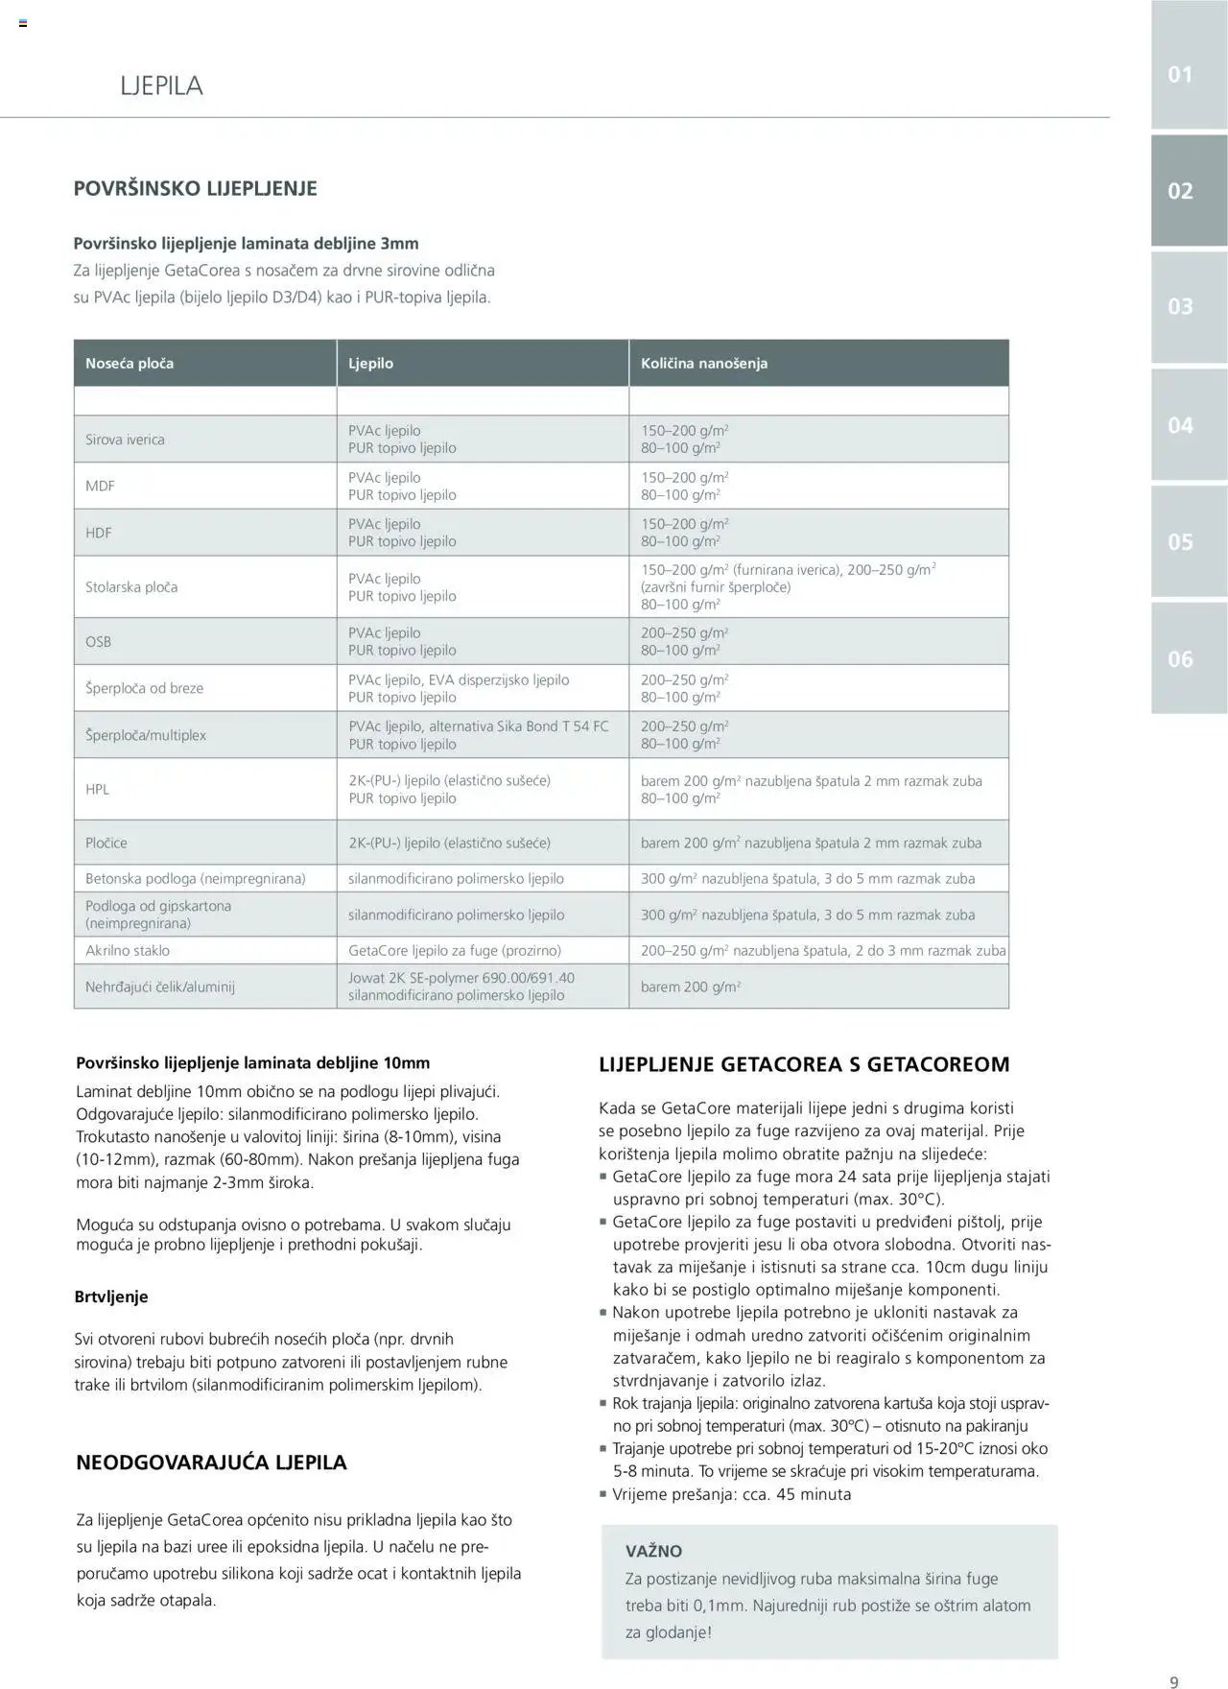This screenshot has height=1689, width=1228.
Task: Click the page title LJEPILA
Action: pos(161,85)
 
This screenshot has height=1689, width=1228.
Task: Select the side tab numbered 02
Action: pos(1180,191)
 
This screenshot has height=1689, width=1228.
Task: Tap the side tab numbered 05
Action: pos(1180,542)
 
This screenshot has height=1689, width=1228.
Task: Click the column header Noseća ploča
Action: pos(130,364)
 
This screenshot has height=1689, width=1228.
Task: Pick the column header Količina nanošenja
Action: pos(704,364)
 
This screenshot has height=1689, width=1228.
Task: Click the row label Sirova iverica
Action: pos(125,440)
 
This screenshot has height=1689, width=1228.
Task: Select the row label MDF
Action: pos(100,487)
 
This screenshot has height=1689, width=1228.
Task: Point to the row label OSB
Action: pos(98,642)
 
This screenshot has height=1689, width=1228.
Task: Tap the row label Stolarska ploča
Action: pos(131,587)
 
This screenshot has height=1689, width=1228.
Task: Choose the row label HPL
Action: pos(97,790)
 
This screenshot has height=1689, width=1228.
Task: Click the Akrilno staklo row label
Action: pos(128,951)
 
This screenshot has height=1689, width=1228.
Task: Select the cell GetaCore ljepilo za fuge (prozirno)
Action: pos(455,951)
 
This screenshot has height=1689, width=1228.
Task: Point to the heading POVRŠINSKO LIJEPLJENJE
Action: pos(196,189)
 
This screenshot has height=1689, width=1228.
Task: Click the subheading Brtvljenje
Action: pos(111,1297)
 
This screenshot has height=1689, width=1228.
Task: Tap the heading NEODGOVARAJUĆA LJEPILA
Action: pos(211,1463)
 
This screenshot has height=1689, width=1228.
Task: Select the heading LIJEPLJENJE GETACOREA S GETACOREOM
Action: pos(804,1064)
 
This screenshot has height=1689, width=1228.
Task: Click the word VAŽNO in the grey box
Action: pos(653,1551)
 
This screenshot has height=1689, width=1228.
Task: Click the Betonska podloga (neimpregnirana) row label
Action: pos(196,879)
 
